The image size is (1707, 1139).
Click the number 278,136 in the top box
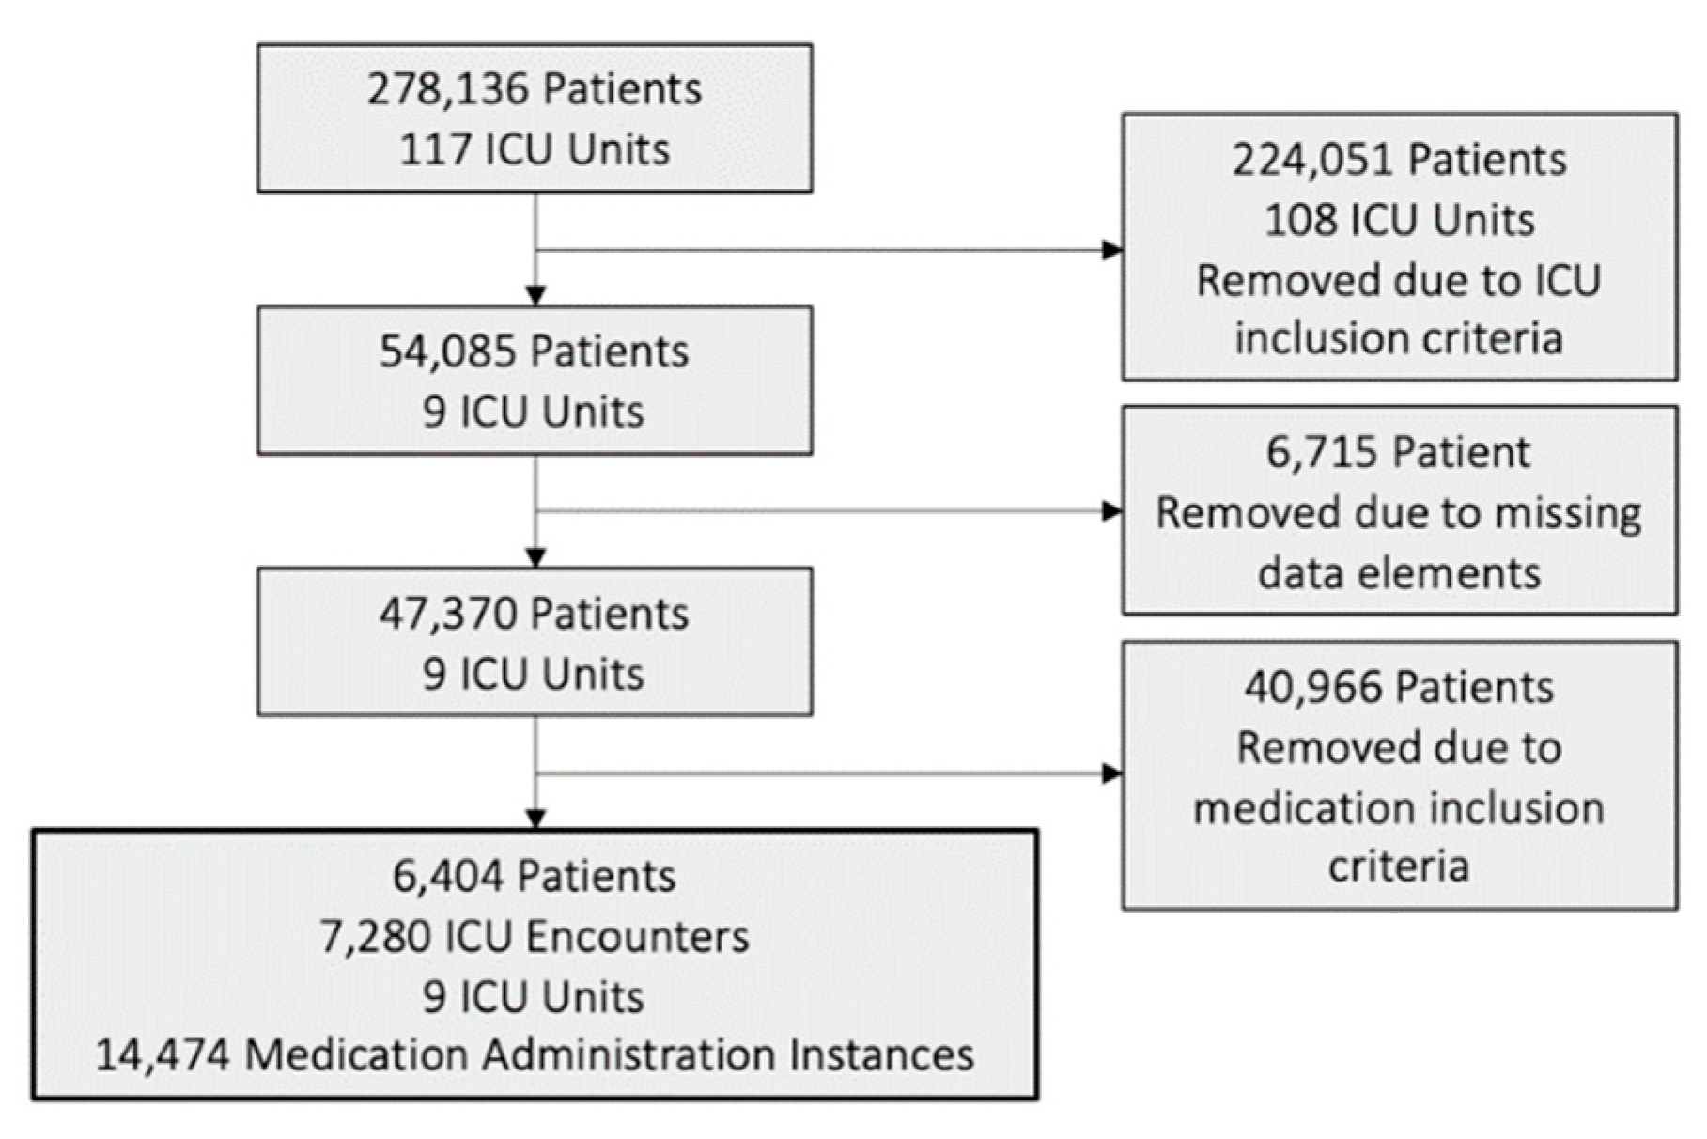[448, 90]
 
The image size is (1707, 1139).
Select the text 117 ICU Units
[535, 150]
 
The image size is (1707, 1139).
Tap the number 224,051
[1311, 161]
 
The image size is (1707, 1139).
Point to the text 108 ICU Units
[1399, 221]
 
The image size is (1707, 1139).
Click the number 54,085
[447, 352]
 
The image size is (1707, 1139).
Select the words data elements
[1399, 573]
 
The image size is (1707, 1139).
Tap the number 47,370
[447, 615]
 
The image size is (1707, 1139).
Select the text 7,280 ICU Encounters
[535, 937]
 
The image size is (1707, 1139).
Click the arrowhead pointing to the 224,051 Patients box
[1111, 250]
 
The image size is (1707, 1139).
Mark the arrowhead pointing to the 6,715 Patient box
[1111, 511]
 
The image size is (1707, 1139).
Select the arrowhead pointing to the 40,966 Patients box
[1111, 773]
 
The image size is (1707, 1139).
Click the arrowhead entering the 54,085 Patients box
[535, 296]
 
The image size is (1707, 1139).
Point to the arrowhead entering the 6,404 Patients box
[535, 819]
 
